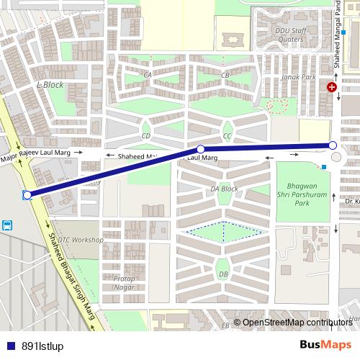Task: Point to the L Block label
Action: (50, 85)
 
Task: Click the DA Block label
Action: (224, 189)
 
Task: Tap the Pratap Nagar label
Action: (124, 283)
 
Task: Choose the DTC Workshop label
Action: (80, 240)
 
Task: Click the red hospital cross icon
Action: (331, 87)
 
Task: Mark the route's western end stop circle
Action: (27, 195)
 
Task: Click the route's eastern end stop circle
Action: (333, 145)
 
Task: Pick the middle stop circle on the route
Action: (202, 150)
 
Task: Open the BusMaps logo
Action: (325, 345)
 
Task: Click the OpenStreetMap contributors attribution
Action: (297, 323)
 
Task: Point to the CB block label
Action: (225, 75)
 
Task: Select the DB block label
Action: (223, 274)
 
